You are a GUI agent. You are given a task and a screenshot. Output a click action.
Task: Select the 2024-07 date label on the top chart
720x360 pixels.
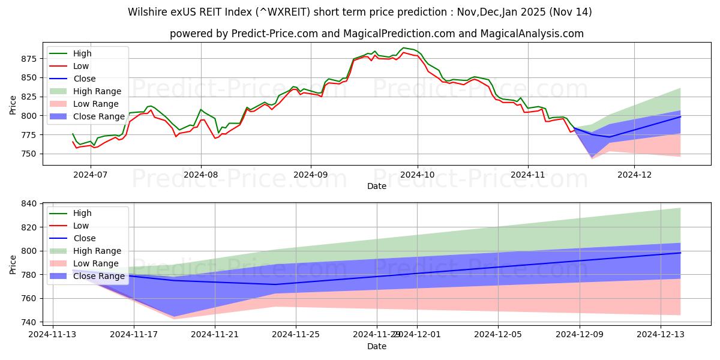(x=91, y=175)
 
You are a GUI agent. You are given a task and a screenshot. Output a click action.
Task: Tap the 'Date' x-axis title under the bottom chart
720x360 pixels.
(x=377, y=346)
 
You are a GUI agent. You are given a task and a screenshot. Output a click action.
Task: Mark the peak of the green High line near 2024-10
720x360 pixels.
(x=403, y=47)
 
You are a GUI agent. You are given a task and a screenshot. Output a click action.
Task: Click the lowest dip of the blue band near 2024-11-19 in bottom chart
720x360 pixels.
(x=174, y=316)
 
